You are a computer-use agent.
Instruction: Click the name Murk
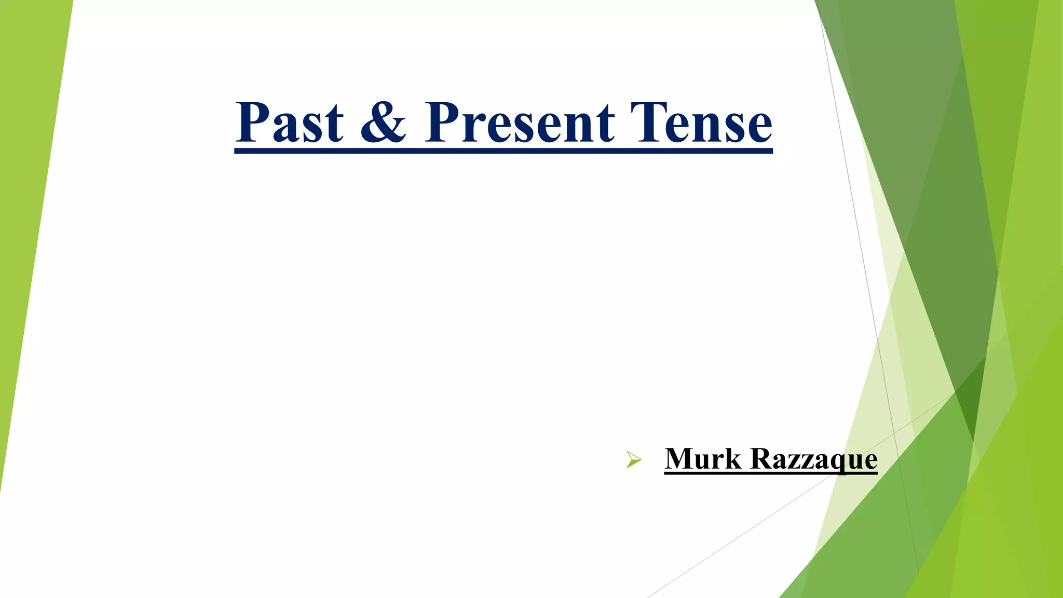703,459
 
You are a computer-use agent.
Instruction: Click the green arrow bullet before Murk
633,460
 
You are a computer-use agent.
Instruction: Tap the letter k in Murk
732,459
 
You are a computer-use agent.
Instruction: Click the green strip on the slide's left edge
26,208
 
